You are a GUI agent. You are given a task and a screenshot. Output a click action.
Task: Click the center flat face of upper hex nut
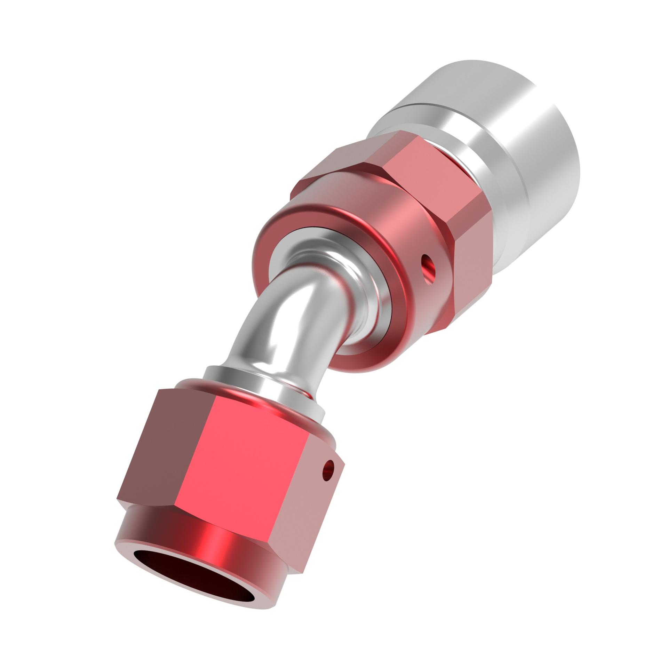[x=417, y=164]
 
